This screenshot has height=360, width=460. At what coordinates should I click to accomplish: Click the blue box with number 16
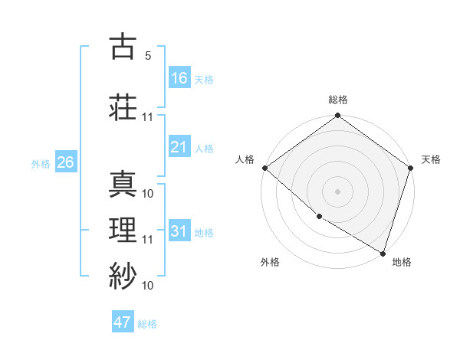179,78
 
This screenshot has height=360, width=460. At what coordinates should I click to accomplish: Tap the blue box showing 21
179,147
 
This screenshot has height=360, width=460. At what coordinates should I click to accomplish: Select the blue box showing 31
179,231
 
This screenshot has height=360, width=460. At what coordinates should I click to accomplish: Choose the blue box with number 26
65,162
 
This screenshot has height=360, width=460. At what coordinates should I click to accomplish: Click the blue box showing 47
123,322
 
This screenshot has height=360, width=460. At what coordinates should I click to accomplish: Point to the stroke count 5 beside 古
147,56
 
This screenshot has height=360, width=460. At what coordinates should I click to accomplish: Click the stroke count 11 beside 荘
147,118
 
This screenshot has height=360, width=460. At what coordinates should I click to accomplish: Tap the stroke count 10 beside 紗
148,286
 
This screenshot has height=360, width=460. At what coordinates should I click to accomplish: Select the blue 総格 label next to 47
147,324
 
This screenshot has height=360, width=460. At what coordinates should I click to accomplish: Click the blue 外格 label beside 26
40,163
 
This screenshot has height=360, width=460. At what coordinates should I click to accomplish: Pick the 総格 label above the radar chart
337,100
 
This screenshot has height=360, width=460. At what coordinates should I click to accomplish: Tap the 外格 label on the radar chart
270,262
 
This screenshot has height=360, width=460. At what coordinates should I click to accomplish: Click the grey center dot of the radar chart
337,191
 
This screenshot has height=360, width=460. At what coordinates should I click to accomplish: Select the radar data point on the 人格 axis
264,168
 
